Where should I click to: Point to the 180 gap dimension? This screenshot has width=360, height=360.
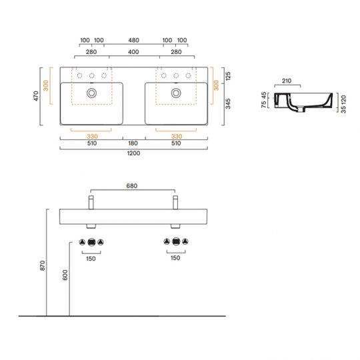[x=133, y=143]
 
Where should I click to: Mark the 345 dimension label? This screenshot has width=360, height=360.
[x=227, y=103]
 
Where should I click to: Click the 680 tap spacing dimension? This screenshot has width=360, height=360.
[x=133, y=187]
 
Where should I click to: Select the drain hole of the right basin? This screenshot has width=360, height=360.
[x=176, y=93]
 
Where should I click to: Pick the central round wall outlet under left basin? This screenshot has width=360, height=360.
[x=91, y=241]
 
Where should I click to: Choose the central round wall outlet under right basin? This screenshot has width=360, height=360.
[x=176, y=241]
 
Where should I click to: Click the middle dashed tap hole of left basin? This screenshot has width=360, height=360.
[x=91, y=75]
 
